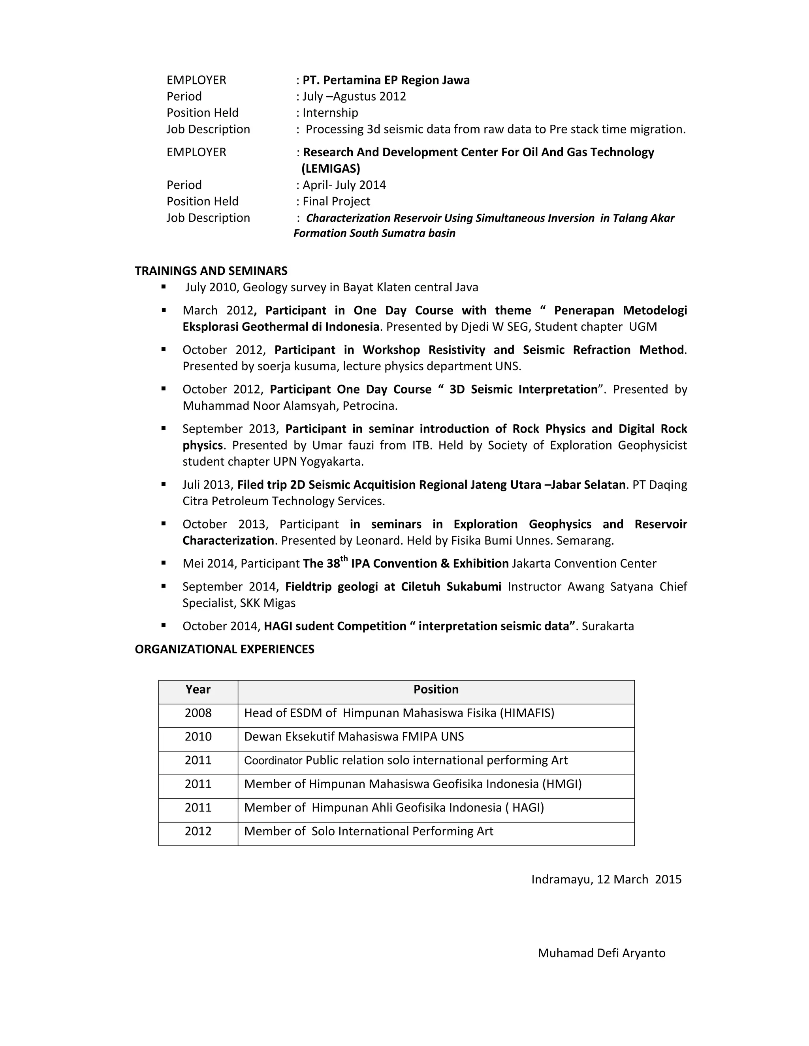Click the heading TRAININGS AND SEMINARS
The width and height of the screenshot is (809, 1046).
[211, 271]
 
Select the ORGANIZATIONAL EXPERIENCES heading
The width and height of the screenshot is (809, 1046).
[224, 649]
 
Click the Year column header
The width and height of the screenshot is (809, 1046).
[198, 690]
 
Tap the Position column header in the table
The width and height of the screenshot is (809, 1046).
[436, 690]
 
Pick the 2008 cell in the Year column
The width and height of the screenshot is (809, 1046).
[198, 713]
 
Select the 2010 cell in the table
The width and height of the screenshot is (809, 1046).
[198, 737]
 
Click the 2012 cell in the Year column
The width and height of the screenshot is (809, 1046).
[198, 831]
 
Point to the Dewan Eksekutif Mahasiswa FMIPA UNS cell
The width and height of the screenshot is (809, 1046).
[354, 737]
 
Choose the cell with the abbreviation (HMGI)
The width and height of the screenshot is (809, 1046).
[413, 784]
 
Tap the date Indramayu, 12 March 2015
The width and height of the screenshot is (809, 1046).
[606, 879]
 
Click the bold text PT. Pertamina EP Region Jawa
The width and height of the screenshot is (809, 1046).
[386, 80]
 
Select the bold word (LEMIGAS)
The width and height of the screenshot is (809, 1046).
[331, 169]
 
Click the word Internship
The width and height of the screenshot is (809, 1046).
[330, 113]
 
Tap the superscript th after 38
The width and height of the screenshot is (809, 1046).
[344, 559]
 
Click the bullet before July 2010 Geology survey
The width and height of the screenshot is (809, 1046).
[164, 287]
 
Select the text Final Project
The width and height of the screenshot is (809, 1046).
[336, 202]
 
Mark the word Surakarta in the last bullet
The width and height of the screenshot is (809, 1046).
[607, 626]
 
